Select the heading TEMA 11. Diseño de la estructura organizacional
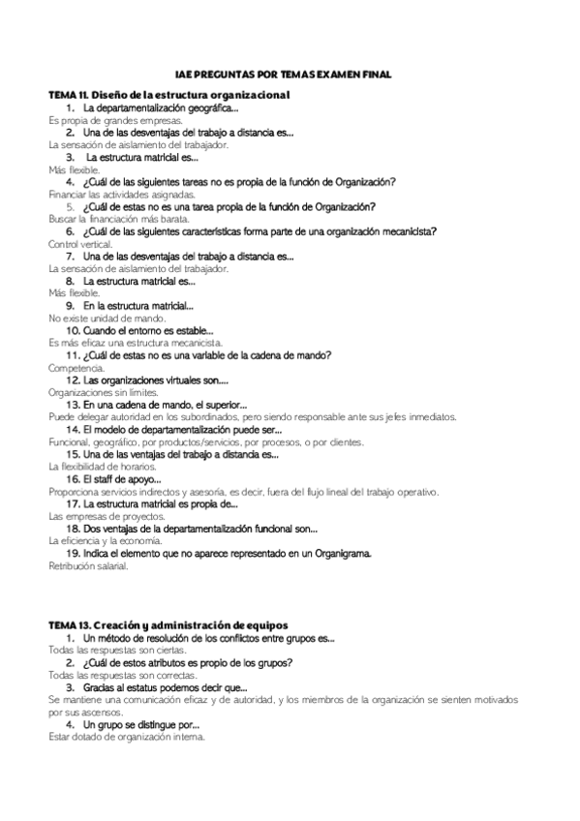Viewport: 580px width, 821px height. click(x=169, y=95)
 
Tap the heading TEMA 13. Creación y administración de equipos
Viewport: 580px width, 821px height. click(x=168, y=625)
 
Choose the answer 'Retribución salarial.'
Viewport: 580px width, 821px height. click(x=88, y=565)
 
